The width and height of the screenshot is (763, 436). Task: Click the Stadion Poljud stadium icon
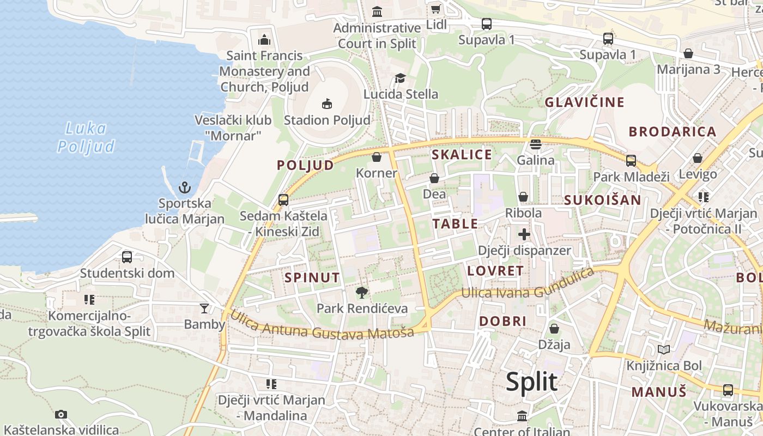(x=327, y=104)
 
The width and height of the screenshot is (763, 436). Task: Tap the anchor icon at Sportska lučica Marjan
(x=185, y=188)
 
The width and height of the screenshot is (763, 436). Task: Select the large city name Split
(x=531, y=382)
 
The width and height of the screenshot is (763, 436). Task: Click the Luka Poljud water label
(x=87, y=137)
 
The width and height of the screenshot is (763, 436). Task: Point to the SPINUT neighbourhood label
(x=312, y=277)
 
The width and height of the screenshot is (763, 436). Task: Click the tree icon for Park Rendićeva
(x=361, y=293)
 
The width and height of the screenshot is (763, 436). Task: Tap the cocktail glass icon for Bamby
(x=204, y=308)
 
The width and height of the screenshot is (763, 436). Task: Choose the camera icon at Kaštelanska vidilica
(x=61, y=414)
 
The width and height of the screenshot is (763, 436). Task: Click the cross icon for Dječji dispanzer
(x=524, y=234)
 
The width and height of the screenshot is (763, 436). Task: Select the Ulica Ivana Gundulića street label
(x=528, y=283)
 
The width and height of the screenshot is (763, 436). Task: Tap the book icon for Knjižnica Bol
(x=664, y=350)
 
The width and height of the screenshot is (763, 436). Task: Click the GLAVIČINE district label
(x=584, y=102)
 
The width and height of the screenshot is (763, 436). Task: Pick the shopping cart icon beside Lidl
(x=435, y=9)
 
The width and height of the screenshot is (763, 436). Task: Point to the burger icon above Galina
(x=535, y=144)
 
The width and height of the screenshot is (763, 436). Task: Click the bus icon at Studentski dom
(x=127, y=257)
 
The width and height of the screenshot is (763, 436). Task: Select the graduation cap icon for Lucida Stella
(x=401, y=78)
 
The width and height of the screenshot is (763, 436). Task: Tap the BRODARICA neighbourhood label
(x=673, y=131)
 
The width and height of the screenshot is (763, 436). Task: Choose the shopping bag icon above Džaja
(x=554, y=329)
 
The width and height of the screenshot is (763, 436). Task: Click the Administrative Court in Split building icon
(x=377, y=11)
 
